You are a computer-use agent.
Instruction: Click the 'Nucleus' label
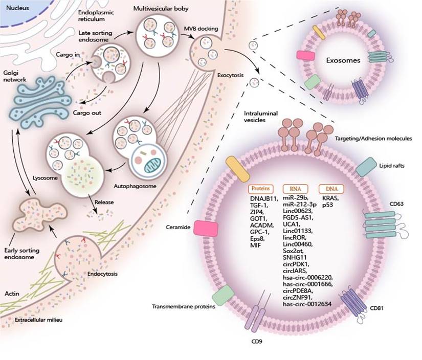[x=15, y=9]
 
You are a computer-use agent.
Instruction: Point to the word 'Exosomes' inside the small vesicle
[x=343, y=60]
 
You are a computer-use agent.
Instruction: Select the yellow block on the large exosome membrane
[x=237, y=168]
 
